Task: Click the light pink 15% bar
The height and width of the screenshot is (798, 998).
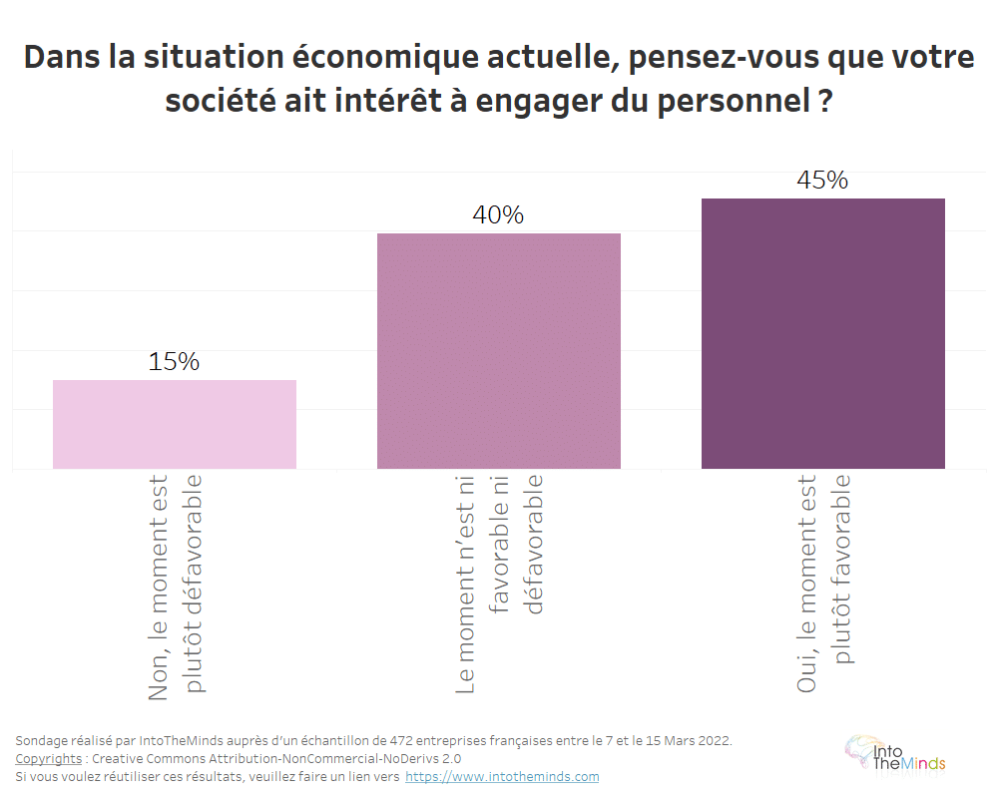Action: [x=174, y=424]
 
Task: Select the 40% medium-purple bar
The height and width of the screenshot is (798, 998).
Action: [x=498, y=350]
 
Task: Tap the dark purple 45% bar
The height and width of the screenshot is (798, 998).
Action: [x=822, y=333]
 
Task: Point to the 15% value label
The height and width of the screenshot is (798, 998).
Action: [x=174, y=362]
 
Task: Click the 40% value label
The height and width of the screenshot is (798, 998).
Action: [x=498, y=215]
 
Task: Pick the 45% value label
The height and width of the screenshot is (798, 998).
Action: [x=822, y=181]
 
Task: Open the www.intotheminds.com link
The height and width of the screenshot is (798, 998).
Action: [x=502, y=776]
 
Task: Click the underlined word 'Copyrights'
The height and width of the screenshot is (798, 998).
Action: [x=49, y=758]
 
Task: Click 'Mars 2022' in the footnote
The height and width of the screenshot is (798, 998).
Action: [x=698, y=740]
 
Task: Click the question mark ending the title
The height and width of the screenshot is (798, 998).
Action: [x=824, y=101]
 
